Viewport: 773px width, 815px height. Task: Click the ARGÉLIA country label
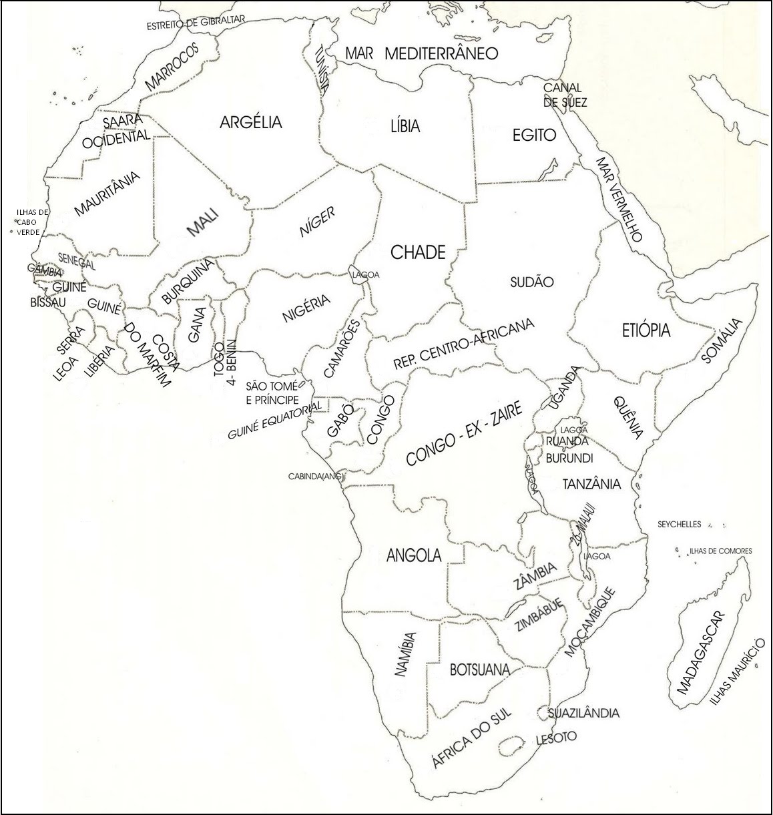coord(251,122)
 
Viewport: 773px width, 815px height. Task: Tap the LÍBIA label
coord(405,125)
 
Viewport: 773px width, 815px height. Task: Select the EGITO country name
coord(533,135)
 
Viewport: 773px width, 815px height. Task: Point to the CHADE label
coord(417,252)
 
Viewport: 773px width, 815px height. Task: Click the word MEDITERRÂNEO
coord(441,53)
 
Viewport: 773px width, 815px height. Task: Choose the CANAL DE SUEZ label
coord(564,95)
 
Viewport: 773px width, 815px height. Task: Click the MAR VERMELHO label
coord(619,200)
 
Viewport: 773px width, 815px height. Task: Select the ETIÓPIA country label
coord(646,330)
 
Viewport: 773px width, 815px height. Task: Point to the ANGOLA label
coord(414,555)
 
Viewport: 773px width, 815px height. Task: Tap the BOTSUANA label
coord(479,669)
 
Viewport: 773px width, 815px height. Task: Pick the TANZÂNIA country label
coord(591,484)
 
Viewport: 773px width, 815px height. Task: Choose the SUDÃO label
coord(531,282)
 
